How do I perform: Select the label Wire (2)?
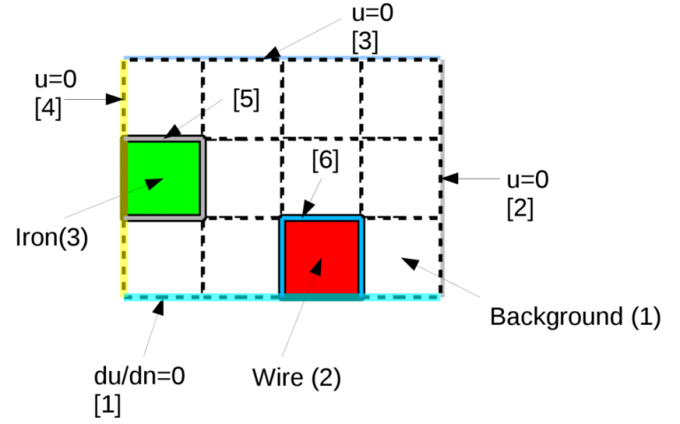(295, 378)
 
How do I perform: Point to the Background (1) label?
(575, 317)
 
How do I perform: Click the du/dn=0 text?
(140, 377)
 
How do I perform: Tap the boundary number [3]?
(364, 42)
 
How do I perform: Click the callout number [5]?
(246, 100)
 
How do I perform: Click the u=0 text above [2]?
(527, 180)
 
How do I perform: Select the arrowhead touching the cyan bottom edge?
(159, 307)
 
